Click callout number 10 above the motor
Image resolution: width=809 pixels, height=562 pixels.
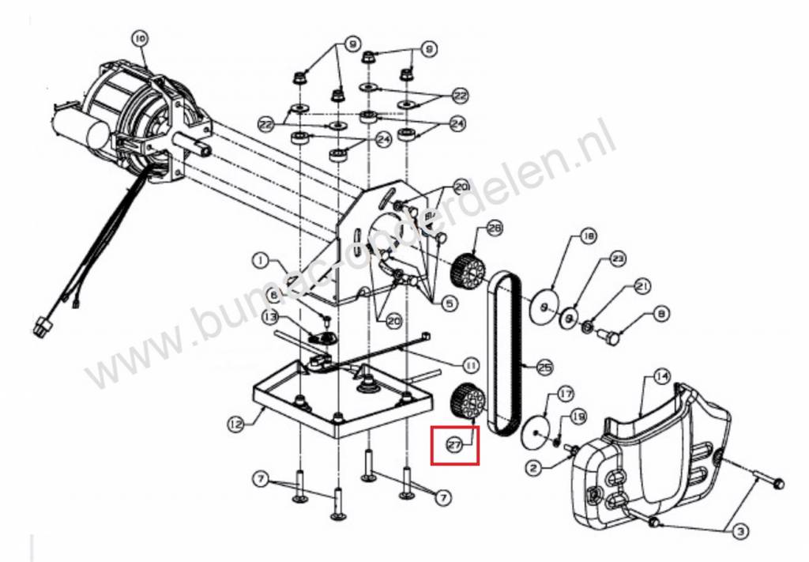pyautogui.click(x=140, y=37)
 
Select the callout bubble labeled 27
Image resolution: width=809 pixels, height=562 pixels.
pyautogui.click(x=453, y=444)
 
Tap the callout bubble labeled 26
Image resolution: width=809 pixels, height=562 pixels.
pyautogui.click(x=495, y=228)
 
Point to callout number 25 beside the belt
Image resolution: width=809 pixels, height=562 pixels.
pyautogui.click(x=544, y=367)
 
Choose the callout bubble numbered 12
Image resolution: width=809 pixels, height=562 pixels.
pyautogui.click(x=235, y=424)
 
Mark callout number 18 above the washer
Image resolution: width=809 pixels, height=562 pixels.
pyautogui.click(x=588, y=236)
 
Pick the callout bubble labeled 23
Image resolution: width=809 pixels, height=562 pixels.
pyautogui.click(x=618, y=258)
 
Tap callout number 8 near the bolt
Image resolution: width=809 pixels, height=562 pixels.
pyautogui.click(x=661, y=314)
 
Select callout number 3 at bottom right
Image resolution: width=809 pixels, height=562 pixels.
pyautogui.click(x=739, y=532)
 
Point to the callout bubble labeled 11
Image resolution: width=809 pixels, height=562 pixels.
pyautogui.click(x=470, y=365)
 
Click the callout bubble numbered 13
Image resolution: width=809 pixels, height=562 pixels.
pyautogui.click(x=270, y=317)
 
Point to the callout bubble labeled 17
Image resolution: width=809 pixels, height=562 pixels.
pyautogui.click(x=564, y=393)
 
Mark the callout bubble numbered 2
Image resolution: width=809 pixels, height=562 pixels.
pyautogui.click(x=535, y=468)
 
